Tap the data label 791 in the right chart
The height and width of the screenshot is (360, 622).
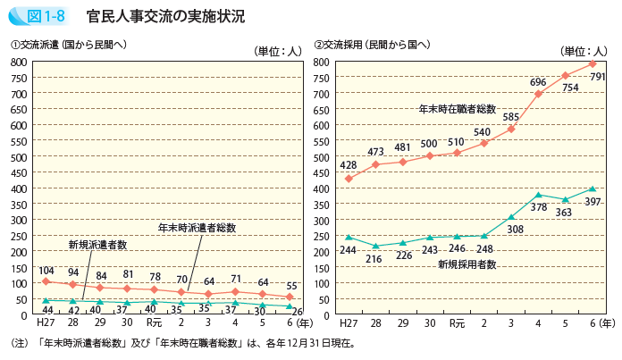point(598,78)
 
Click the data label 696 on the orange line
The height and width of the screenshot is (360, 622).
point(538,82)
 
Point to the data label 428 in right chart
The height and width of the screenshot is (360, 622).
point(348,165)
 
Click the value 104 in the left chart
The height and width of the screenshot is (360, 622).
point(46,270)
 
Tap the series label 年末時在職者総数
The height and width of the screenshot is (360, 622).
point(458,108)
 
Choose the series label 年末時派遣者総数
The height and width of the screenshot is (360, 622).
point(197,228)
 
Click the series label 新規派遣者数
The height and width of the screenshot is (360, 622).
point(98,244)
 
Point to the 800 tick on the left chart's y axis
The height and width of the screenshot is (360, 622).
point(19,62)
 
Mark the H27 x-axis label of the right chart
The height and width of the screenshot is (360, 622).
point(349,322)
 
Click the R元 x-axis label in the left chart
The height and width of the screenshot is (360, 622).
point(154,322)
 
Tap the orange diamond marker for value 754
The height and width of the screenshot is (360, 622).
point(565,76)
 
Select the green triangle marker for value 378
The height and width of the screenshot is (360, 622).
point(538,195)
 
